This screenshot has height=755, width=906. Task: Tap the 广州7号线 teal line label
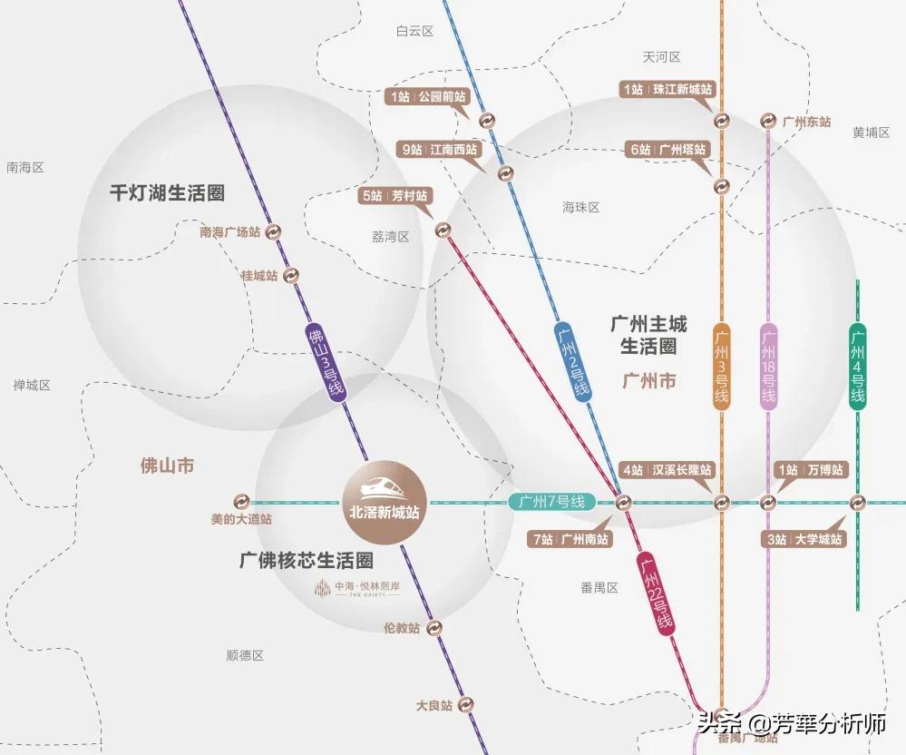(x=552, y=502)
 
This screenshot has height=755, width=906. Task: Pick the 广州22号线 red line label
(x=655, y=595)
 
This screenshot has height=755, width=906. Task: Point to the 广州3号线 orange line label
(x=721, y=367)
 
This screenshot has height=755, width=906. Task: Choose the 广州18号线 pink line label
(x=768, y=367)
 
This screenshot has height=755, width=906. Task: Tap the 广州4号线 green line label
(x=858, y=367)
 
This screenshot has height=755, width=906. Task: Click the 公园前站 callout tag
(x=429, y=96)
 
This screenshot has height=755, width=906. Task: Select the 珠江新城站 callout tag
(x=667, y=89)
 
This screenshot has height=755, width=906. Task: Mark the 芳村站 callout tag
(x=395, y=195)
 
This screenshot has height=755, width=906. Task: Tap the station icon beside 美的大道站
(x=241, y=502)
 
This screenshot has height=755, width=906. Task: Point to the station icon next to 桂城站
(x=291, y=276)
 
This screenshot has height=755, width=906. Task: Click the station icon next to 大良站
(x=466, y=704)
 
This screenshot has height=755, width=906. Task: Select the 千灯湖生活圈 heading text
(x=167, y=192)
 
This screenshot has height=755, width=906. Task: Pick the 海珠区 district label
(x=581, y=207)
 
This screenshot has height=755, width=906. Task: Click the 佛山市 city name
(x=167, y=466)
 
